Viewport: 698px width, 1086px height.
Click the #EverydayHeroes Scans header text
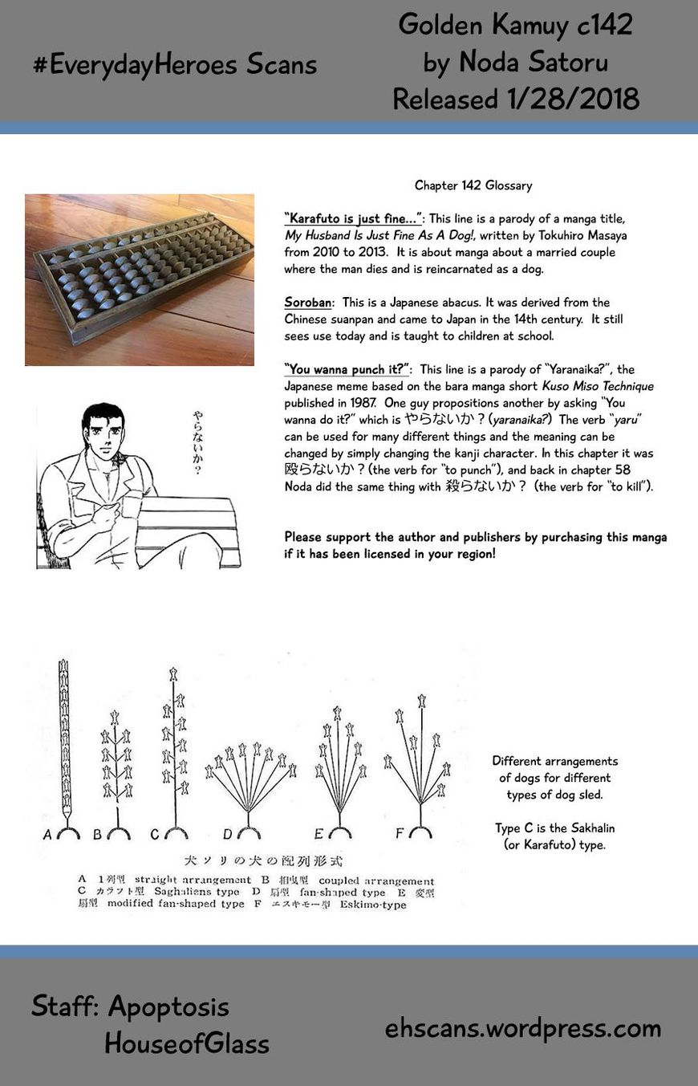click(175, 65)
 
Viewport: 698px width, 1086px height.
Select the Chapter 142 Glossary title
click(473, 185)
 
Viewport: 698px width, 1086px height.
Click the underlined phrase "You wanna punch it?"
click(347, 369)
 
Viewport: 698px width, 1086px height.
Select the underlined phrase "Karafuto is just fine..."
click(354, 218)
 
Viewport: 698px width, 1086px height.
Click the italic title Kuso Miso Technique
click(598, 386)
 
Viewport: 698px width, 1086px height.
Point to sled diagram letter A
click(48, 835)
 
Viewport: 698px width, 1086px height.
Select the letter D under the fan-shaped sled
click(228, 835)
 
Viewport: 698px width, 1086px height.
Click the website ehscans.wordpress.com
click(523, 1028)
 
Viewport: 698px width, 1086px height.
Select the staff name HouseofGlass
click(187, 1043)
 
